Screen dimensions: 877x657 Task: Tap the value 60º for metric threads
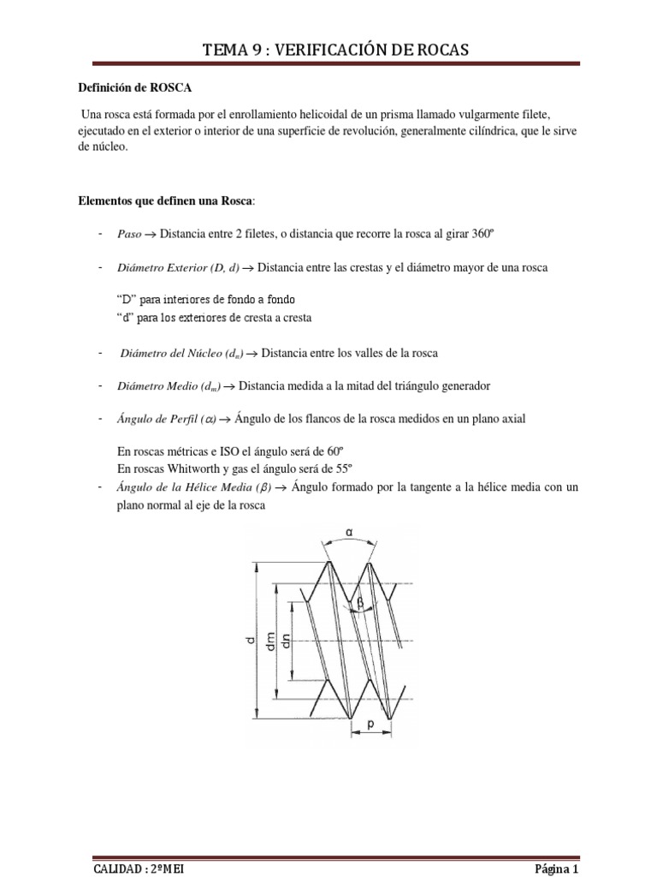pyautogui.click(x=340, y=451)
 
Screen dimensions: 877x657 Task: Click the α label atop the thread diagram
pyautogui.click(x=348, y=533)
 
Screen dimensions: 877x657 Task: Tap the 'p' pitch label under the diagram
pyautogui.click(x=371, y=725)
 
